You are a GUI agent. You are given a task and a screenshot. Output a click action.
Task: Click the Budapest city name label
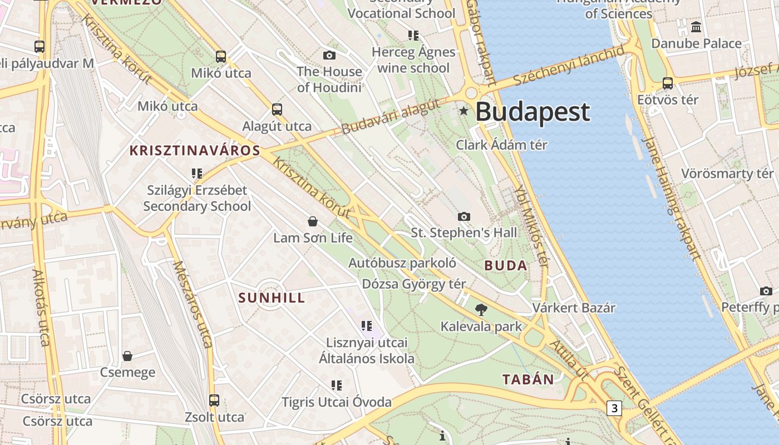[532, 112]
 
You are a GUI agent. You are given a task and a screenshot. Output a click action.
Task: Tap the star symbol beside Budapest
[464, 111]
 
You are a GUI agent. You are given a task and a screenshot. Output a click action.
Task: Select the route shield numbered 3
[614, 408]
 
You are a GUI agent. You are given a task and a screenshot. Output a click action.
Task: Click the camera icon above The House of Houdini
[329, 55]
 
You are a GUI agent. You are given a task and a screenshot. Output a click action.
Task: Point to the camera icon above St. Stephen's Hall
[464, 216]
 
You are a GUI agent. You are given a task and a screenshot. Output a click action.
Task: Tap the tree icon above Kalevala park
[481, 310]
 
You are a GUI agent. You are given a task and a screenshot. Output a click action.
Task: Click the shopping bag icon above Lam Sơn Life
[313, 221]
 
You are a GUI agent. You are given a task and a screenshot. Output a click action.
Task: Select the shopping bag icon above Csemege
[127, 356]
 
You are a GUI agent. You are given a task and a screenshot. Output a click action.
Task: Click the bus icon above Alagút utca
[277, 110]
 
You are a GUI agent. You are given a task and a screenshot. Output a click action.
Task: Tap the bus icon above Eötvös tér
[667, 83]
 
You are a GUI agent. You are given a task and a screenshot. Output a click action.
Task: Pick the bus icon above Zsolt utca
[214, 400]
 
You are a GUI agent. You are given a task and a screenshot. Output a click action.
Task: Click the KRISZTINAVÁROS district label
[195, 150]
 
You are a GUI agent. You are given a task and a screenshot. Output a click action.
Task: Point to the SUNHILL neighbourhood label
[272, 298]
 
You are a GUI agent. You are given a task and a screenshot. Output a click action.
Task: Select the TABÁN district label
[528, 380]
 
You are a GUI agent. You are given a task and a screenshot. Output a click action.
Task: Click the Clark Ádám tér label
[501, 145]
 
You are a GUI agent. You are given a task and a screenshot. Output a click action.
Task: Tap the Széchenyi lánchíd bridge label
[569, 66]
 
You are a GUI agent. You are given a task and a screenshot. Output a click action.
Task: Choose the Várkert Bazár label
[574, 308]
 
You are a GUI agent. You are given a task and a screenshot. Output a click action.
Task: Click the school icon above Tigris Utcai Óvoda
[336, 385]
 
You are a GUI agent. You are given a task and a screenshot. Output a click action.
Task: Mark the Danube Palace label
[696, 43]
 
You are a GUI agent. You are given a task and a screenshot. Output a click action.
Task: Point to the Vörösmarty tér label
[727, 174]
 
